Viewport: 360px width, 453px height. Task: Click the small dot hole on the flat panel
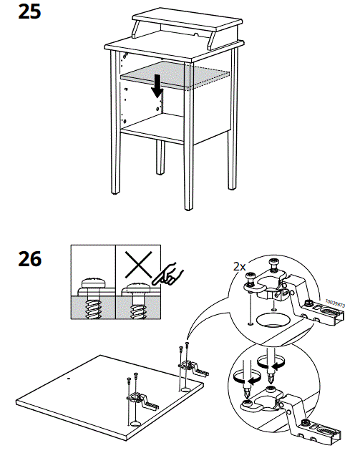69,376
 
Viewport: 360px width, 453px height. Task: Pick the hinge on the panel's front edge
140,401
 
